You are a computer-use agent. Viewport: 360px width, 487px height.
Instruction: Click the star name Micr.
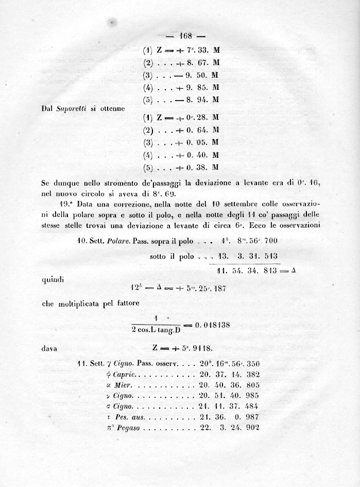click(x=115, y=385)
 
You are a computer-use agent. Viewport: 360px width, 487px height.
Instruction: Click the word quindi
click(x=53, y=281)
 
